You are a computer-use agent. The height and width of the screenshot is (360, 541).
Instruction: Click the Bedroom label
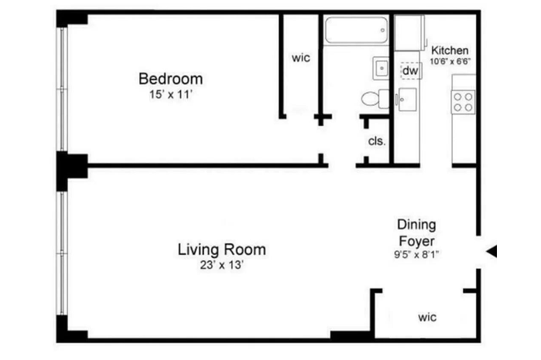171,79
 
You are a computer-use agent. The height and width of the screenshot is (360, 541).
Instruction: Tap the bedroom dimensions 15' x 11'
171,94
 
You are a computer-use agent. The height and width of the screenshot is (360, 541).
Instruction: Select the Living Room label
222,250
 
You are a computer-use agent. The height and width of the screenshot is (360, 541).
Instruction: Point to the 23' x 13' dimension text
222,265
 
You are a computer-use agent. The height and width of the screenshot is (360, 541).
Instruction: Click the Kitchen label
450,50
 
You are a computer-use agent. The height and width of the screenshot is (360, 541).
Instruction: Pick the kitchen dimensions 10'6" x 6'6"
451,62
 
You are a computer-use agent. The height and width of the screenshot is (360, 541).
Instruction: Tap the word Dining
417,225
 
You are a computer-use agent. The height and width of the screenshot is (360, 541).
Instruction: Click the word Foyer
417,241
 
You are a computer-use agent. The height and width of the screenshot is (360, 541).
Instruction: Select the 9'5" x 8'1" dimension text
417,254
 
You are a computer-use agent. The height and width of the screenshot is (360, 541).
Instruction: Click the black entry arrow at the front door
492,251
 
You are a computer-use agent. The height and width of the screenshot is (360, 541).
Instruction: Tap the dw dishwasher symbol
411,71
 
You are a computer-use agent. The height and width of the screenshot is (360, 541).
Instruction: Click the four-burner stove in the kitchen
463,102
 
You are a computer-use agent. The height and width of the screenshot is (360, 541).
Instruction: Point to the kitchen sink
407,100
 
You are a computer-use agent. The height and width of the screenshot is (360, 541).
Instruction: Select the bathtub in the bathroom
356,30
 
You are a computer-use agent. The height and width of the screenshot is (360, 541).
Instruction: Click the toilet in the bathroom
375,99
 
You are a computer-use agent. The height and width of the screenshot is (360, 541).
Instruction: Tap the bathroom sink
381,68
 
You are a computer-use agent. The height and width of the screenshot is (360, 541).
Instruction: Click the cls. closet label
377,141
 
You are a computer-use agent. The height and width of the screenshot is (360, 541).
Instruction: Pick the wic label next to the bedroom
301,58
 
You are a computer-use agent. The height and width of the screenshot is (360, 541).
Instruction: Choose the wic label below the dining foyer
427,318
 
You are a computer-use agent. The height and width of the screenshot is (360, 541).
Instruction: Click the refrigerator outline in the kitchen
410,33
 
